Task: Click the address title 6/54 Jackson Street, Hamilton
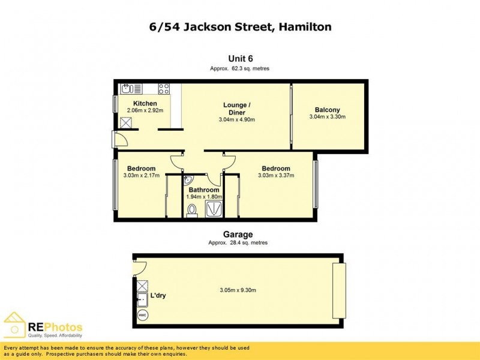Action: pos(240,27)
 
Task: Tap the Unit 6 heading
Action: pos(240,58)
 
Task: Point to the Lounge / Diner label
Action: pos(236,109)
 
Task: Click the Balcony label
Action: pos(327,110)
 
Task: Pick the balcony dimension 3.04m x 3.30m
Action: pos(327,117)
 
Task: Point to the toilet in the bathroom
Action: pos(192,210)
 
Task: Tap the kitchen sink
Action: pos(127,89)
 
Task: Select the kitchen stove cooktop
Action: pos(164,89)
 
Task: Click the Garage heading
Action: pos(238,235)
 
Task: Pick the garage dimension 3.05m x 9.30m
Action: pos(238,290)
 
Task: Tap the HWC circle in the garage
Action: pos(142,315)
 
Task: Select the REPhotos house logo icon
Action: pos(14,325)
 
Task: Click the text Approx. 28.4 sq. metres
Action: pos(238,243)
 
